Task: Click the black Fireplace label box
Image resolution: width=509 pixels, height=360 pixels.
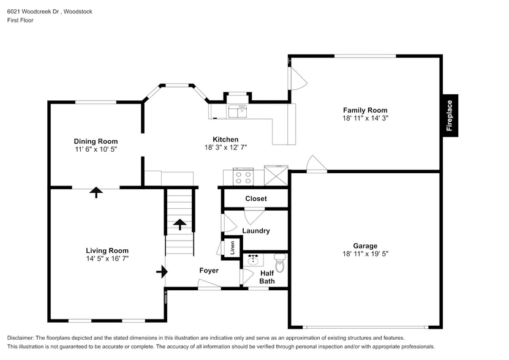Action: click(x=451, y=116)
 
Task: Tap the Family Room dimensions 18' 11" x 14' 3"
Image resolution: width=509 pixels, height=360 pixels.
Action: click(x=365, y=118)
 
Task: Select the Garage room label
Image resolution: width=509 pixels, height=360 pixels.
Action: click(x=365, y=246)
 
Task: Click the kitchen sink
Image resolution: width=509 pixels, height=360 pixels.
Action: click(x=238, y=111)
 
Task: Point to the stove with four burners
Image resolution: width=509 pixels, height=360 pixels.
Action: click(x=243, y=177)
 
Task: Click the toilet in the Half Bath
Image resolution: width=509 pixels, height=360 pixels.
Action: click(x=279, y=262)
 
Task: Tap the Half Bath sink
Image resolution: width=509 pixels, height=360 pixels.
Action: click(x=253, y=260)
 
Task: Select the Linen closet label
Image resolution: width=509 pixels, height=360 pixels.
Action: click(x=232, y=248)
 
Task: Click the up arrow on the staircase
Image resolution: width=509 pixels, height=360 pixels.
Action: click(x=180, y=224)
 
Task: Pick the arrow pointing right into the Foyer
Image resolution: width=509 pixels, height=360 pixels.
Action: click(x=162, y=272)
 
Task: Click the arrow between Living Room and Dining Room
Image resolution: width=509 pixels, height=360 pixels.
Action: click(x=96, y=192)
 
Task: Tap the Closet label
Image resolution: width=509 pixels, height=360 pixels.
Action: click(x=256, y=198)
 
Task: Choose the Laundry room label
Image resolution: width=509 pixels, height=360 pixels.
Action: click(x=256, y=231)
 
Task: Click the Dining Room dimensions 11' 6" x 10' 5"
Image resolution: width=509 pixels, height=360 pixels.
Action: click(x=96, y=149)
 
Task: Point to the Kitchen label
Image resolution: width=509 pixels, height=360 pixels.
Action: click(x=225, y=139)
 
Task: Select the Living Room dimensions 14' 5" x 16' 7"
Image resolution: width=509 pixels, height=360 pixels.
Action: click(x=107, y=258)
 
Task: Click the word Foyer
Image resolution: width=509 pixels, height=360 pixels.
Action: click(x=209, y=271)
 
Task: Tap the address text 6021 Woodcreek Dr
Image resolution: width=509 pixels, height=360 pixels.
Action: click(x=33, y=12)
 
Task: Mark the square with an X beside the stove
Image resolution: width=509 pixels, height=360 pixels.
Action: click(x=276, y=175)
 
